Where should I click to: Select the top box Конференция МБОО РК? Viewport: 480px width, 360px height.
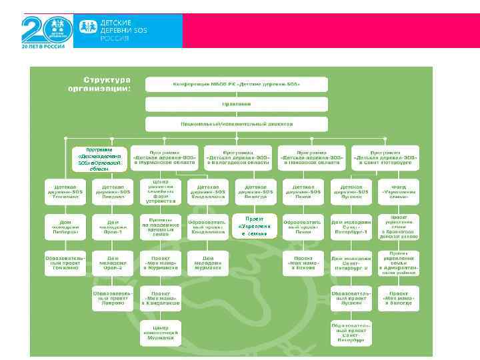click(x=237, y=85)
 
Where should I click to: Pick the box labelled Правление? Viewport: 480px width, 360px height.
click(x=237, y=104)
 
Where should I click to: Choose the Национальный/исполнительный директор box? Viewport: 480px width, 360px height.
click(x=237, y=124)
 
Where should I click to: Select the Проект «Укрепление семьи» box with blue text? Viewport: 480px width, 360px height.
click(x=254, y=226)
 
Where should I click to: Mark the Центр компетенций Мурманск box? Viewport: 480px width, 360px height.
click(x=161, y=333)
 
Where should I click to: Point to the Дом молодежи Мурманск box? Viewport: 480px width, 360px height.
click(x=208, y=263)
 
